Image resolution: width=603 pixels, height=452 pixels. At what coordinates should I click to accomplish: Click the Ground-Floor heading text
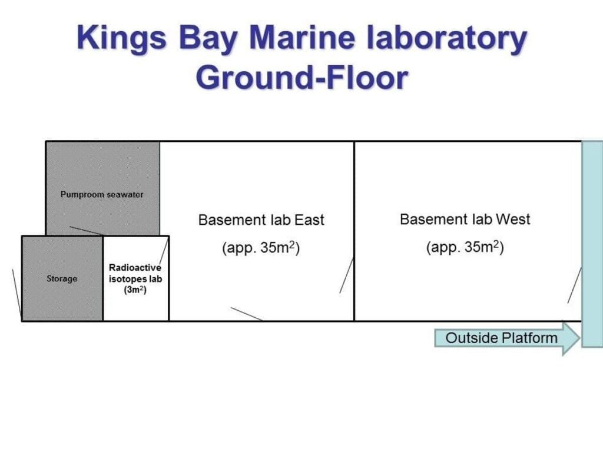[x=301, y=77]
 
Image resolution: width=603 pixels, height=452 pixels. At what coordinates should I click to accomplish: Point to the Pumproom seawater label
[x=102, y=194]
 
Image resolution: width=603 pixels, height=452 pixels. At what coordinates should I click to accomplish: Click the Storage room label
[x=62, y=278]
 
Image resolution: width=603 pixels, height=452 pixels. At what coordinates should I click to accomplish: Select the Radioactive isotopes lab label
[x=135, y=273]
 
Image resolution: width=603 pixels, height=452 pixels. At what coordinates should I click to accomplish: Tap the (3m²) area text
[x=135, y=290]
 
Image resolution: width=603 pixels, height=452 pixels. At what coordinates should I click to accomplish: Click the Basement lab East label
[x=261, y=220]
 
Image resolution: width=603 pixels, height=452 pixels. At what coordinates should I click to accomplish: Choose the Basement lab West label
[x=465, y=220]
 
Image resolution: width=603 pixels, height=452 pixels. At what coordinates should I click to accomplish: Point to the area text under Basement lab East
[x=261, y=248]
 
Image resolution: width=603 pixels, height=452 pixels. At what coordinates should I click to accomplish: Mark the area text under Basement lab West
[x=465, y=247]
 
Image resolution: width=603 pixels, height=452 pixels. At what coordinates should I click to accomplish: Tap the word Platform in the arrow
[x=529, y=338]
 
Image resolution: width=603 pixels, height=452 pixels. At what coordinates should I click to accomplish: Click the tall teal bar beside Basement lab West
[x=592, y=244]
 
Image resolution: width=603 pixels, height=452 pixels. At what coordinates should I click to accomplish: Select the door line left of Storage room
[x=16, y=293]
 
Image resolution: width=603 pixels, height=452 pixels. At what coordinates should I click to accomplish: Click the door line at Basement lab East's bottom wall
[x=246, y=314]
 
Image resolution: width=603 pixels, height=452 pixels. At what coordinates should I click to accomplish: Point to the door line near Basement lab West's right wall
[x=574, y=285]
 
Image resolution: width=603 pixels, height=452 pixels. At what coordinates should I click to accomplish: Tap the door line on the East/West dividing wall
[x=346, y=275]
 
